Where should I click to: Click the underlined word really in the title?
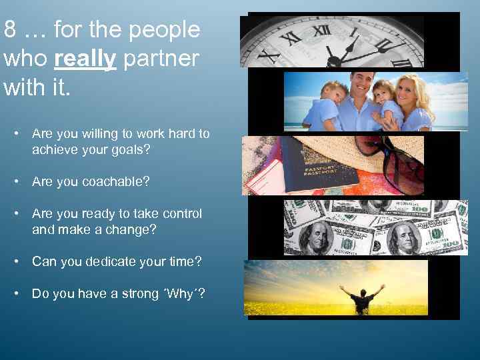point(85,59)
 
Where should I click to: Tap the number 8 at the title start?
point(10,30)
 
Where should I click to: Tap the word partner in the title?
point(161,59)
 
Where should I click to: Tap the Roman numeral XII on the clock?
point(322,30)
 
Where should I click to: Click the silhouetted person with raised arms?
point(361,297)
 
